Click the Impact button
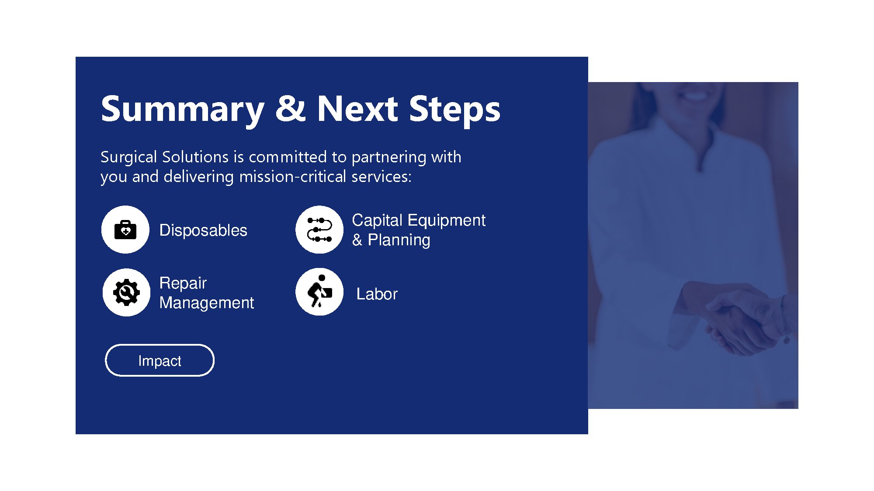click(x=160, y=361)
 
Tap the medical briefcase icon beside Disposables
click(x=125, y=230)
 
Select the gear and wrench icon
click(x=126, y=292)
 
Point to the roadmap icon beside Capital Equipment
click(x=319, y=230)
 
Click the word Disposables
click(x=203, y=230)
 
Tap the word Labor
click(x=377, y=294)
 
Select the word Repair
click(x=183, y=283)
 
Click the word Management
click(x=207, y=303)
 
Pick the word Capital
click(x=377, y=220)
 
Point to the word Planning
click(x=399, y=240)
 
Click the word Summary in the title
click(x=183, y=110)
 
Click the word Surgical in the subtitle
click(x=128, y=157)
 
